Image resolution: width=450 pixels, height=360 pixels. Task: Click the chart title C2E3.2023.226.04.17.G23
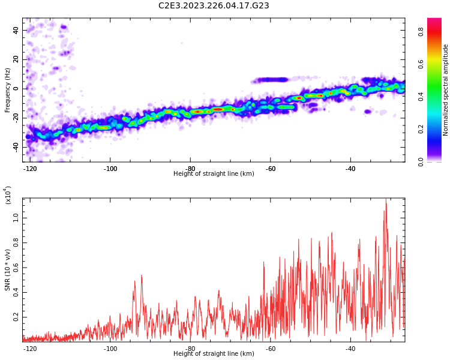[x=214, y=5]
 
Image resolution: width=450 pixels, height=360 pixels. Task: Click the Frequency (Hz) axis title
[x=7, y=90]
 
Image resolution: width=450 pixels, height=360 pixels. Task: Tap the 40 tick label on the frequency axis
[x=16, y=30]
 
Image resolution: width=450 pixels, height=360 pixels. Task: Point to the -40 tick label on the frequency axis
[x=16, y=147]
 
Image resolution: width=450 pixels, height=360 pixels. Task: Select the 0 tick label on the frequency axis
[x=16, y=89]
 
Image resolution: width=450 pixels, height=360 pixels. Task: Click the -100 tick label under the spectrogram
[x=110, y=169]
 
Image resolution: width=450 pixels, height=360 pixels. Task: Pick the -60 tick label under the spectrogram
[x=271, y=169]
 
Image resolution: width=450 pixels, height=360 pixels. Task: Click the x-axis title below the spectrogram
[x=214, y=173]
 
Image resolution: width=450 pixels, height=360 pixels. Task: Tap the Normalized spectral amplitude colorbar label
[x=445, y=90]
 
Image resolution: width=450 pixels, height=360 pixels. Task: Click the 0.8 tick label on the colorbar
[x=421, y=32]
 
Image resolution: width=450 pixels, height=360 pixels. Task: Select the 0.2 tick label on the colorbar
[x=421, y=129]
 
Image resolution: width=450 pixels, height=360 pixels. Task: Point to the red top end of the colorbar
[x=434, y=20]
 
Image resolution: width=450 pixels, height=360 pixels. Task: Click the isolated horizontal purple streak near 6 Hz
[x=270, y=80]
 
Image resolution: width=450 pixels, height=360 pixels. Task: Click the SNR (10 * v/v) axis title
[x=7, y=270]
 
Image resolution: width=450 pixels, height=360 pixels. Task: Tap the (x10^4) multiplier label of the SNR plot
[x=7, y=195]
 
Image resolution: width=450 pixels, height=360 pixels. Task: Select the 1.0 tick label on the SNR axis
[x=16, y=218]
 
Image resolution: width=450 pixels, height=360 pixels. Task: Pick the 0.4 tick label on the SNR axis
[x=16, y=292]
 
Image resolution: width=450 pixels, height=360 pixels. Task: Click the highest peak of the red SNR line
[x=386, y=199]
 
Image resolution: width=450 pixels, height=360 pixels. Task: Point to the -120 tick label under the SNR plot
[x=30, y=349]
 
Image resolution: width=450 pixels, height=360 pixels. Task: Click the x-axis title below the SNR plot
[x=214, y=353]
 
